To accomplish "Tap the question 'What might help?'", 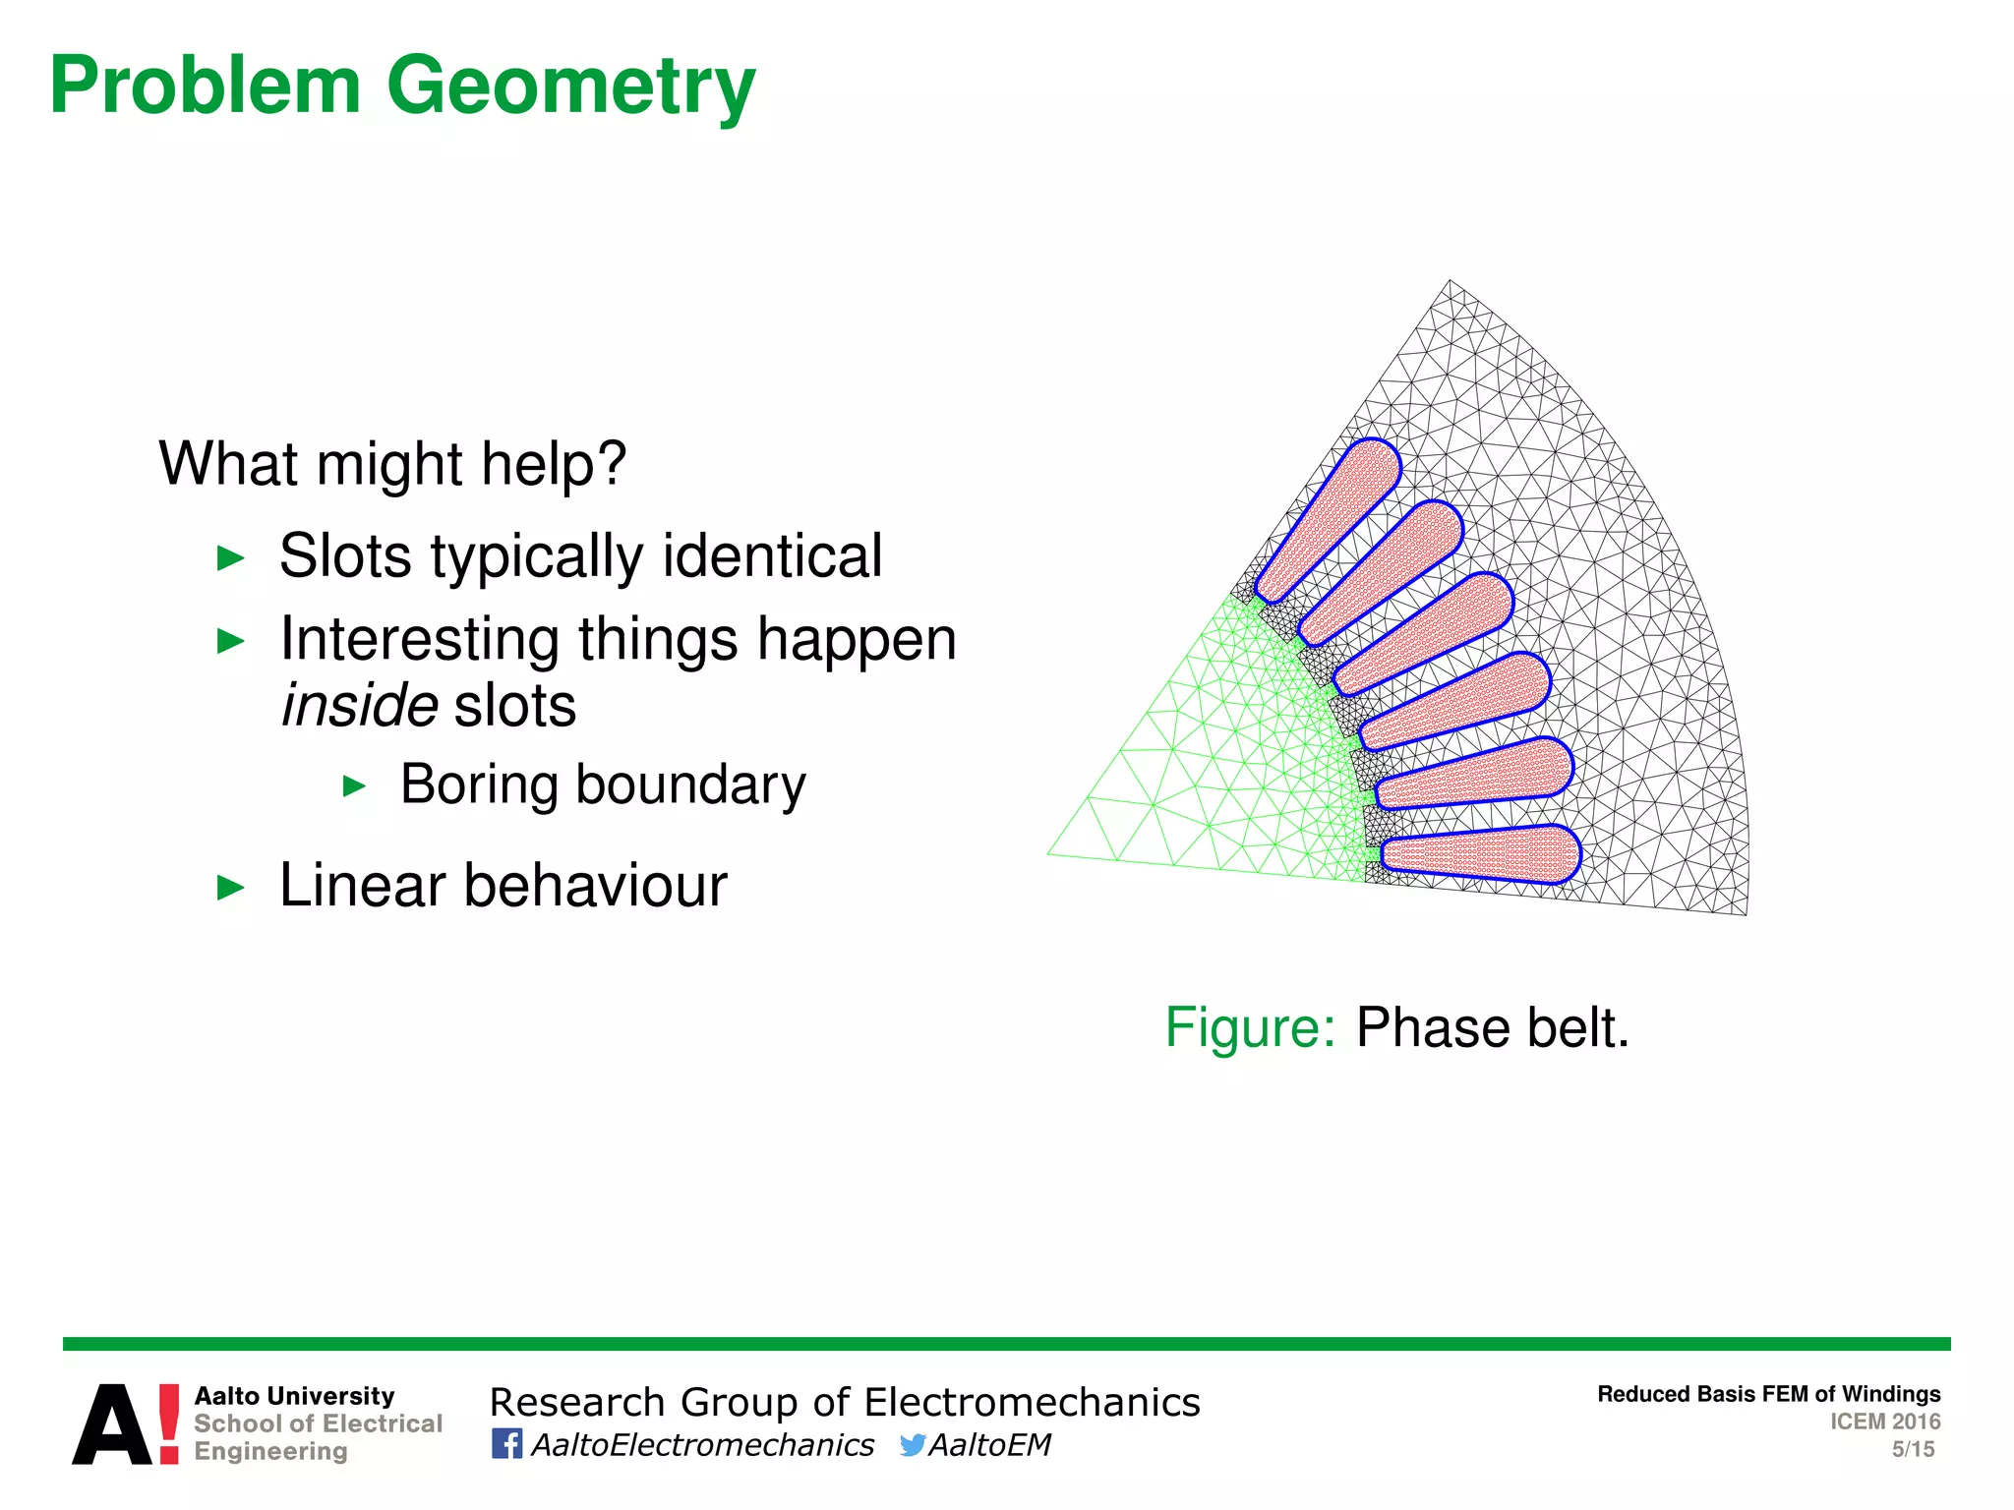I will (392, 463).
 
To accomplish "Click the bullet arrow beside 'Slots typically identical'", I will (229, 558).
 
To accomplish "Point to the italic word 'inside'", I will (359, 706).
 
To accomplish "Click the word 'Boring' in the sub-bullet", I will (480, 784).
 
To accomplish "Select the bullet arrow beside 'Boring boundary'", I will (354, 786).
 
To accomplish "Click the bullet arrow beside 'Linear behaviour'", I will (229, 888).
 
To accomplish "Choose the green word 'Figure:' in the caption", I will (1250, 1028).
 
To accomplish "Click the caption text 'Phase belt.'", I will (1493, 1028).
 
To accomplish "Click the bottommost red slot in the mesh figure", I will (1480, 853).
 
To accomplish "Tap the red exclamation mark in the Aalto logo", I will (169, 1423).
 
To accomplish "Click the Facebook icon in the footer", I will (506, 1444).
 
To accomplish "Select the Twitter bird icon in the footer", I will (912, 1444).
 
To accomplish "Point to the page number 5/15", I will (1913, 1449).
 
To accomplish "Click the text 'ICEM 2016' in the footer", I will (1884, 1422).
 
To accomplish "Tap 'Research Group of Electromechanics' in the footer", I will (845, 1402).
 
